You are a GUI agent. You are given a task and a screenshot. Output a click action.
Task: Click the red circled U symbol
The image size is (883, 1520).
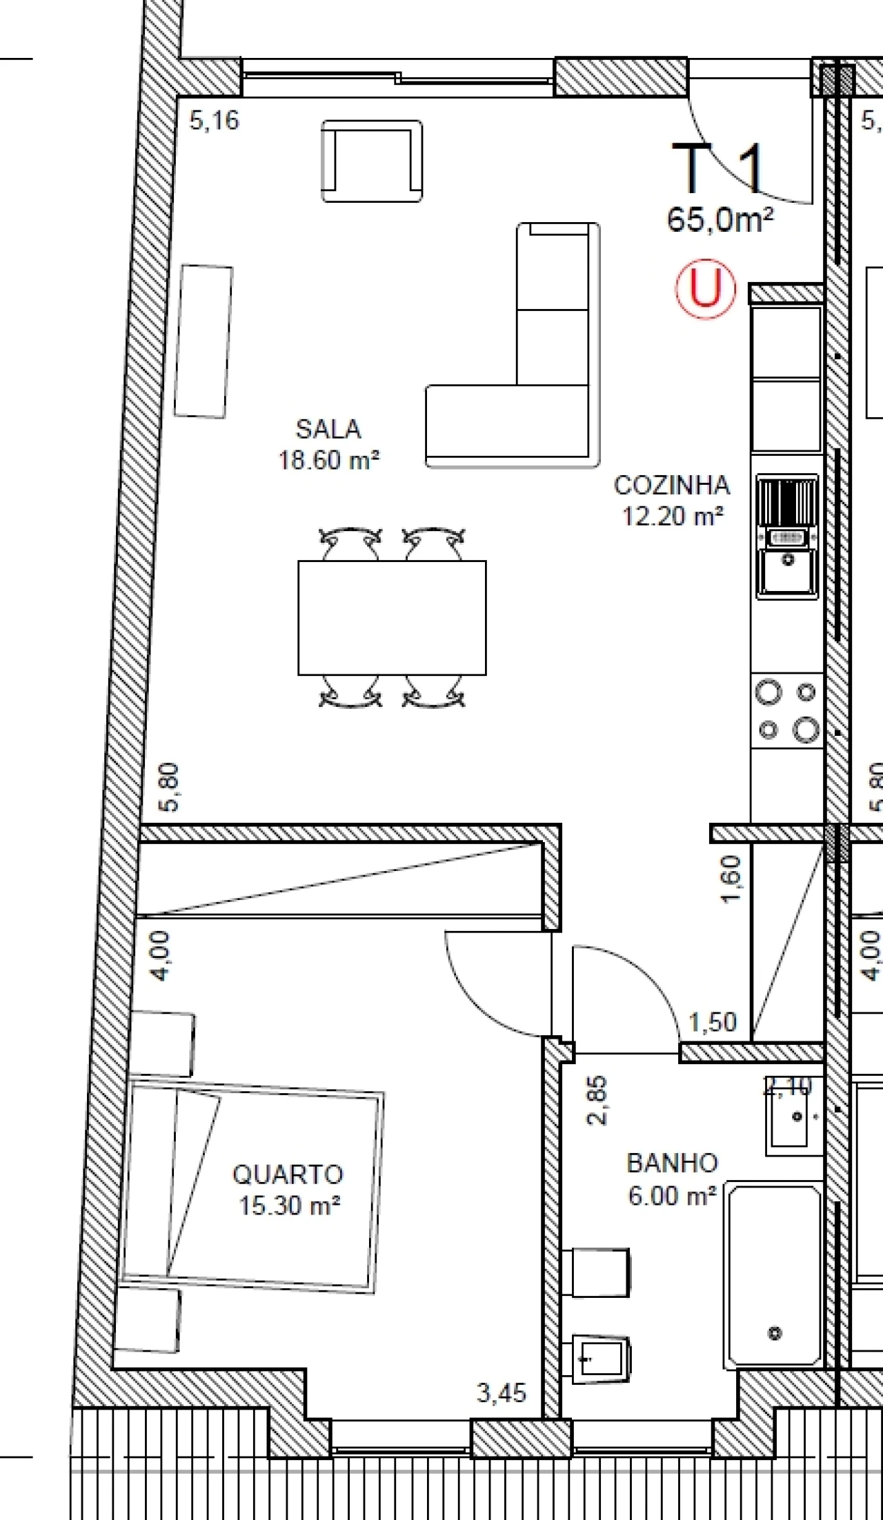pos(705,288)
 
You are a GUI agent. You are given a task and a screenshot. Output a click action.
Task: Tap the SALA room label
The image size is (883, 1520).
pos(328,430)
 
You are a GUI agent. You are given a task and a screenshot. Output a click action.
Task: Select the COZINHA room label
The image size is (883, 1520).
pos(672,486)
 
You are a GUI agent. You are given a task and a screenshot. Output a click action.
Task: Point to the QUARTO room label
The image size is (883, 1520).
pos(288,1174)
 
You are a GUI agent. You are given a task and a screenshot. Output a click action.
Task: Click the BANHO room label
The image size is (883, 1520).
pos(672,1163)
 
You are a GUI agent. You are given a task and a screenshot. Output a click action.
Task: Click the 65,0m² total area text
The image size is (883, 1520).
pos(720,221)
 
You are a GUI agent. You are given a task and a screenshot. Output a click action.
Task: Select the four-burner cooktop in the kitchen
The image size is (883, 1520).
pos(787,710)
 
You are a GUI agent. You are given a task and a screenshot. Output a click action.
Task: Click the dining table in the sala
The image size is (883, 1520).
pos(392,617)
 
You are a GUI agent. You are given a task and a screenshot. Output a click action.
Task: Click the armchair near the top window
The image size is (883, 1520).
pos(372,161)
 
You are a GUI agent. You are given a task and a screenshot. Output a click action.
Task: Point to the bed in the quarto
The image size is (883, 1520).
pos(252,1187)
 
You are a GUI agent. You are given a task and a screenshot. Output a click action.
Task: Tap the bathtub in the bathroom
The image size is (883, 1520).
pos(774,1276)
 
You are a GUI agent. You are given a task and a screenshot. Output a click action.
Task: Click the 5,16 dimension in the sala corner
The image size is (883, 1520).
pos(215,121)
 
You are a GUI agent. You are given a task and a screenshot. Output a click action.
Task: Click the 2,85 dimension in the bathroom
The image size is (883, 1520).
pos(597,1100)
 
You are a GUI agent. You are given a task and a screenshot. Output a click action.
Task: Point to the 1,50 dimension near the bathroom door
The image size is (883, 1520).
pos(713,1022)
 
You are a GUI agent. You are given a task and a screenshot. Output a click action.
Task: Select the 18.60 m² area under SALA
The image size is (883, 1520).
pos(329,460)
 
